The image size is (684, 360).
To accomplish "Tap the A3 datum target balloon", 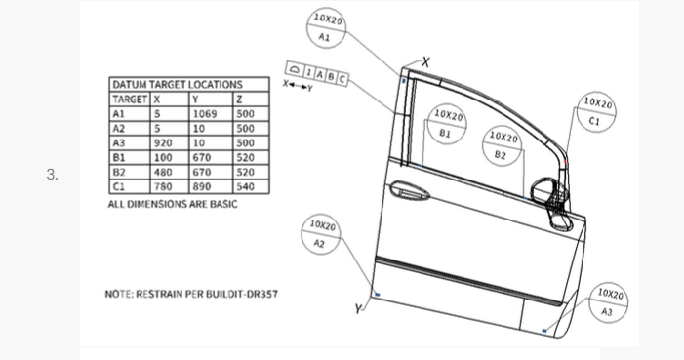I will pos(607,302).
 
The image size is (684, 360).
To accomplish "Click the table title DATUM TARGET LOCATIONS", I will pos(176,85).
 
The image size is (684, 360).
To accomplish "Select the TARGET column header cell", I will pos(130,99).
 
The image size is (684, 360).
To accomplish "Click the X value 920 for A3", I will pos(163,141).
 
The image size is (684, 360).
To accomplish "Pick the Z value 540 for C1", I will pos(245,184).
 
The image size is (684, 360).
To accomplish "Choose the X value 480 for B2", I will pos(163,170).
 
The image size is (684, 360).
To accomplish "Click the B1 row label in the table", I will pos(120,156).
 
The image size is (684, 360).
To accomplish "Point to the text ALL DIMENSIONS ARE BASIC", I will pos(173,205).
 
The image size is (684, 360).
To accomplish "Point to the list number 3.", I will pos(53,176).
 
